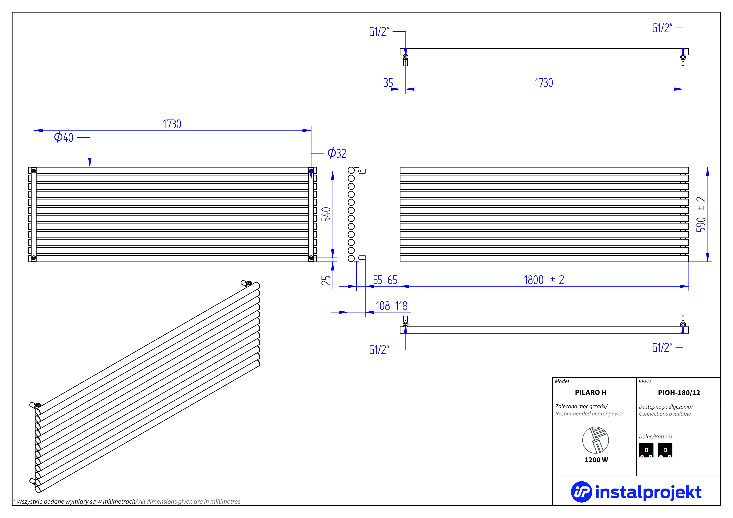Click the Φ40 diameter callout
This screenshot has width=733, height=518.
coord(64,137)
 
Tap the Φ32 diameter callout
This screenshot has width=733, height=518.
coord(337,153)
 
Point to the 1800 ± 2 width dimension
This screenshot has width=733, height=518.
coord(544,280)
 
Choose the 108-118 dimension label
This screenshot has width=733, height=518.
coord(391,306)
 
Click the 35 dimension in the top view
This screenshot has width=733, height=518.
coord(388,83)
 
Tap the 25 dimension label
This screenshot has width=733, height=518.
coord(326,280)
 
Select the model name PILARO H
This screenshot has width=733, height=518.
coord(591,392)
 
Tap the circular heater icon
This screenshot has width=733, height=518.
coord(595,440)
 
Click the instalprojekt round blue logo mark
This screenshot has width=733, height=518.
coord(581,492)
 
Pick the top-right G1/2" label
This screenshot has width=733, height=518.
coord(662,28)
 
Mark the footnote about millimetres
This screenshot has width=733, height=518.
coord(127,501)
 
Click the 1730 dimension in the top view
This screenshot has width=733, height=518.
coord(544,83)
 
